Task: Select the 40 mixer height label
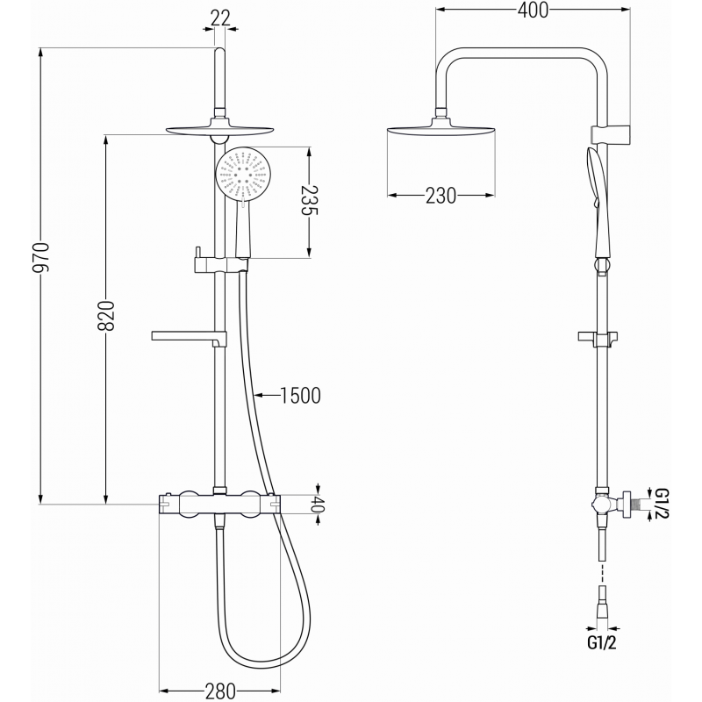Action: point(319,505)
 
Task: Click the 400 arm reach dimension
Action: point(533,11)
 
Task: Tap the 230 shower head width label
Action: point(441,196)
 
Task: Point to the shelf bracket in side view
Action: point(601,337)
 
